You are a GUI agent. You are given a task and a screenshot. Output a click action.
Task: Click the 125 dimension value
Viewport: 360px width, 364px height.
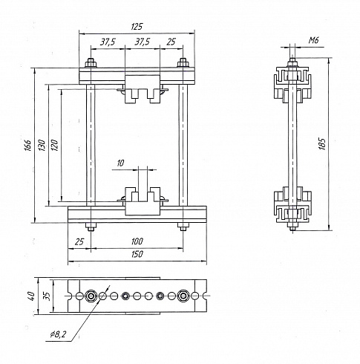137,27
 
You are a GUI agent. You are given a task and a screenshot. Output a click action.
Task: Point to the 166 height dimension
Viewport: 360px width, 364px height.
28,146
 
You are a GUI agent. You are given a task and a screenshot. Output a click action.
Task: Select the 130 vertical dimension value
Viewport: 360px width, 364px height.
42,146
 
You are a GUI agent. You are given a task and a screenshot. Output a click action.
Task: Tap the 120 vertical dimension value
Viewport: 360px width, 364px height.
54,146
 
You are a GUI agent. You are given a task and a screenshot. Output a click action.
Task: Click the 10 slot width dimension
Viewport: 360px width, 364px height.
120,163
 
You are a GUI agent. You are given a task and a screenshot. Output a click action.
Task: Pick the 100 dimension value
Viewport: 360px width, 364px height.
137,241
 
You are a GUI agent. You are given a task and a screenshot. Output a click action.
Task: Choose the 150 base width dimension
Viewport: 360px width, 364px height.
137,254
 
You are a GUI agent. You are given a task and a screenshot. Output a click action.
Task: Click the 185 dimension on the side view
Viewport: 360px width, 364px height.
322,144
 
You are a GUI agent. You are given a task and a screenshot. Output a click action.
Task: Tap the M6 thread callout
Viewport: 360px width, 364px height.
313,40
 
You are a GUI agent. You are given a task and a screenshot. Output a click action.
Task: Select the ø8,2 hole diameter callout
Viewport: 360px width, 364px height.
58,335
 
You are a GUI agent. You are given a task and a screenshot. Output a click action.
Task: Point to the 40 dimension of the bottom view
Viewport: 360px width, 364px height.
31,296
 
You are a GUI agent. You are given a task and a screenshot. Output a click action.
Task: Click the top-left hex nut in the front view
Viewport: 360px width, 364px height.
91,63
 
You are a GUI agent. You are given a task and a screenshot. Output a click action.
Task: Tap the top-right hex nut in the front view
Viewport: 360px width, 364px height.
183,63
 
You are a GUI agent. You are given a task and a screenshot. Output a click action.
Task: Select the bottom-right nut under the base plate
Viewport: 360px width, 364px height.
183,227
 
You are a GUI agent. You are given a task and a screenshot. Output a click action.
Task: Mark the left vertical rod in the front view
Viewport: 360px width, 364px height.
91,145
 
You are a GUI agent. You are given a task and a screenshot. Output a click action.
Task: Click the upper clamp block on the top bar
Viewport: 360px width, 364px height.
143,89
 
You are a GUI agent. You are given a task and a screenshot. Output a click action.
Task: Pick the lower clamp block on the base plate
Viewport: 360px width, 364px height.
143,201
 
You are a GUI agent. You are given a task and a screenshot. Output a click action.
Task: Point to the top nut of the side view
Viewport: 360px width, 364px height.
292,62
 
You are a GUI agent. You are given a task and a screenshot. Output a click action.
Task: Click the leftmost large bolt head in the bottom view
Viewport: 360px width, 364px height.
91,296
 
